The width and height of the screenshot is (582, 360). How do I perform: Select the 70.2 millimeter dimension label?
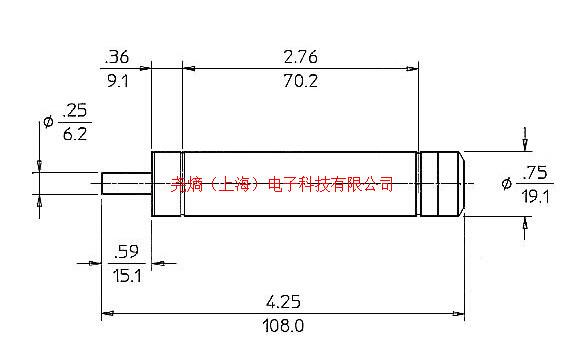click(x=299, y=83)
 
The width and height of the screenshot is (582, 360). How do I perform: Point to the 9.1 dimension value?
click(x=118, y=83)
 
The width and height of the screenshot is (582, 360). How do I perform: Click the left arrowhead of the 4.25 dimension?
click(x=107, y=313)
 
